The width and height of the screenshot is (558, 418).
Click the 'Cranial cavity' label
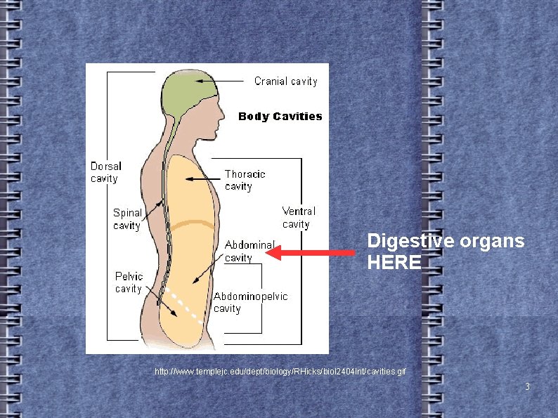(285, 81)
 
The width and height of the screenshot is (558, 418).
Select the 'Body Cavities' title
(280, 117)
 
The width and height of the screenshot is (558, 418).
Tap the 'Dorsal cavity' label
(105, 172)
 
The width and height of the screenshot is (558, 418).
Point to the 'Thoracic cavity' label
(245, 180)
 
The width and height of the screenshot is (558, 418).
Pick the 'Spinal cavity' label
(127, 218)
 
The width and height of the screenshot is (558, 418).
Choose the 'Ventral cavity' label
(299, 217)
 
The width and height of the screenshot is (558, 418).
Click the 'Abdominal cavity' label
(249, 251)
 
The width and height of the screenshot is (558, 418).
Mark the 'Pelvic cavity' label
(129, 282)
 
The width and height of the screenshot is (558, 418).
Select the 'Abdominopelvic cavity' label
(250, 302)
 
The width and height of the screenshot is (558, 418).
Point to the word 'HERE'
(394, 263)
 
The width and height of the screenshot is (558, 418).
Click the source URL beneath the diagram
(280, 370)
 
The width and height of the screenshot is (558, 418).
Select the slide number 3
(527, 386)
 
